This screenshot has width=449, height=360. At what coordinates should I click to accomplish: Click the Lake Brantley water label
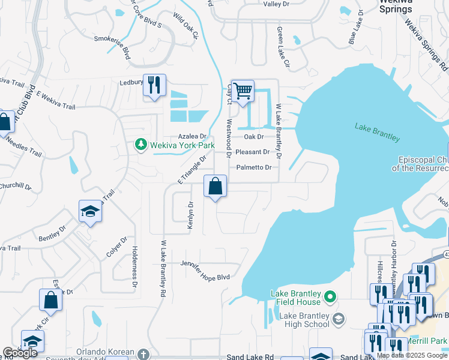377,132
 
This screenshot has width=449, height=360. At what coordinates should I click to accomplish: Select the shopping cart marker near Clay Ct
243,92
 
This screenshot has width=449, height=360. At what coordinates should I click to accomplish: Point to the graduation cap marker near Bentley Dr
90,211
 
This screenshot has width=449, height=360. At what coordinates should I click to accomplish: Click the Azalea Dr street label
191,137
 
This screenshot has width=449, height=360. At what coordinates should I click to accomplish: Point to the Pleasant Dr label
252,152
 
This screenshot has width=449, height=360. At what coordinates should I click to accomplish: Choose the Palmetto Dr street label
253,167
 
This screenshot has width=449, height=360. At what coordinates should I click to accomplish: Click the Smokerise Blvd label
112,45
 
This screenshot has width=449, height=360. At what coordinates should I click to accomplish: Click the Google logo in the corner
20,353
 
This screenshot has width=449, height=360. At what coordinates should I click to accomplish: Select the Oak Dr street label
253,137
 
